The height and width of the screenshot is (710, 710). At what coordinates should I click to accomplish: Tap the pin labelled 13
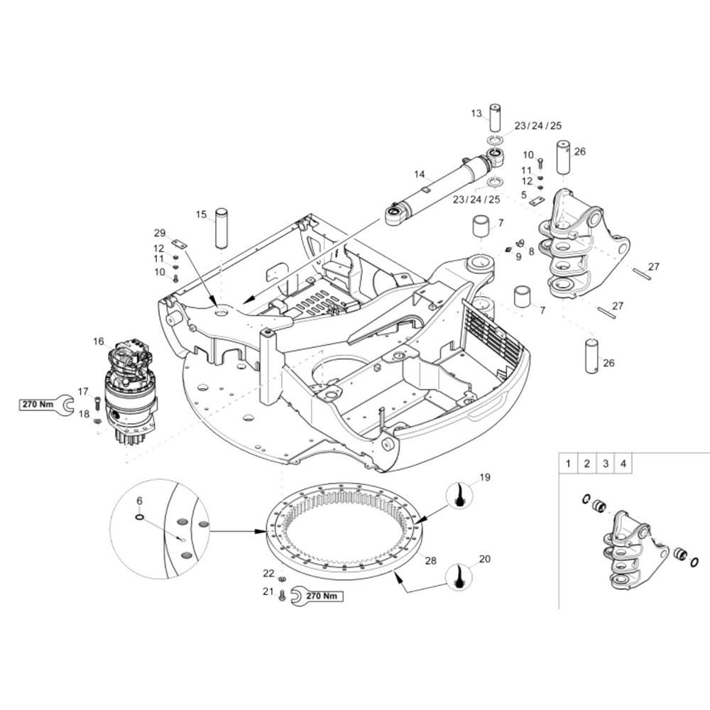[496, 118]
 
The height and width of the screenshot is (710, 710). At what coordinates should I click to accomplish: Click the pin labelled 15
[221, 228]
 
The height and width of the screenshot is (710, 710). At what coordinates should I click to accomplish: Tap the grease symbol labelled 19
[460, 495]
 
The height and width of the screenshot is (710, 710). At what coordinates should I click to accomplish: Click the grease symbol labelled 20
[458, 577]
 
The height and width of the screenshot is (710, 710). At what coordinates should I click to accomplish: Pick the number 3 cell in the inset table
[606, 463]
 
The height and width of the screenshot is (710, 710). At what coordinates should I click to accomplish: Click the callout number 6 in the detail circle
[139, 501]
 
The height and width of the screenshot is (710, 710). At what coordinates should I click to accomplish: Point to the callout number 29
[160, 233]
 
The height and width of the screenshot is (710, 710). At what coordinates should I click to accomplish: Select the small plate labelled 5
[537, 201]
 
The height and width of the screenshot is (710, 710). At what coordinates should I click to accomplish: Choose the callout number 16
[98, 342]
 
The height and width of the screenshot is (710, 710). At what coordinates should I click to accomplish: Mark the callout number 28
[431, 561]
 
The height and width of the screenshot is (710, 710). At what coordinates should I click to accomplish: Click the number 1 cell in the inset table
[568, 463]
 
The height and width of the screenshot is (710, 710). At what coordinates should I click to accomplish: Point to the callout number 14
[420, 175]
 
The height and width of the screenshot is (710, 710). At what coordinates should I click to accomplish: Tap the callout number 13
[476, 113]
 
